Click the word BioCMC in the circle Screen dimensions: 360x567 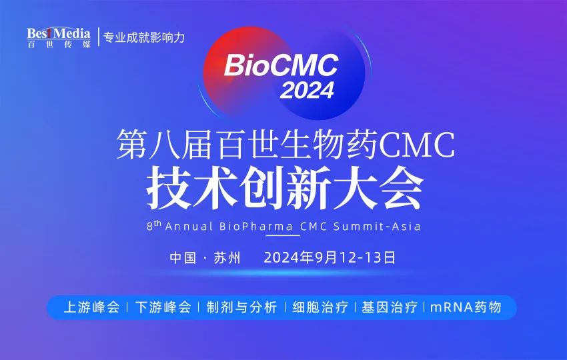point(281,65)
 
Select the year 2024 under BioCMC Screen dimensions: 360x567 point(307,90)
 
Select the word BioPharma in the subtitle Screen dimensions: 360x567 point(257,227)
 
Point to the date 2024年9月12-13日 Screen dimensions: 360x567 point(330,257)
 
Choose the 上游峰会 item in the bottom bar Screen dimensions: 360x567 point(91,307)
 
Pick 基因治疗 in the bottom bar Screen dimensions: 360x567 point(390,307)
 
